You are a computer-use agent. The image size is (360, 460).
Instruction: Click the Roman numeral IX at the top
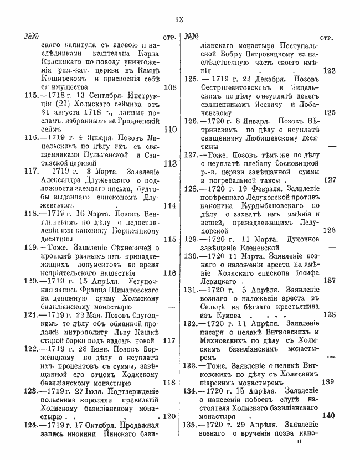tap(179, 20)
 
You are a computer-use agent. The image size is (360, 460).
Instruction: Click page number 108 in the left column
tap(170, 87)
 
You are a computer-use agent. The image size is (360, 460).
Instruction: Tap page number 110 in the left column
tap(170, 128)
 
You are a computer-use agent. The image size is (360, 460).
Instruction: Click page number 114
tap(170, 205)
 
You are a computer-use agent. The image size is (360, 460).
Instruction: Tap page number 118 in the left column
tap(170, 382)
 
